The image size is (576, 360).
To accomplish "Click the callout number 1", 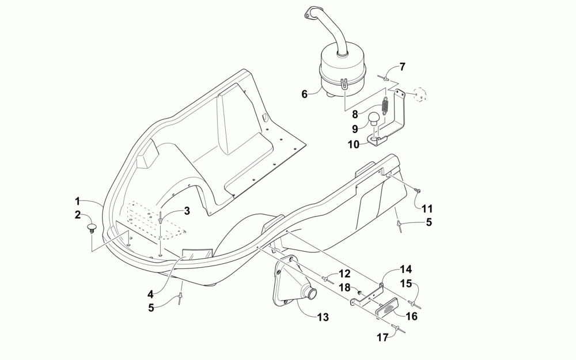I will [77, 201].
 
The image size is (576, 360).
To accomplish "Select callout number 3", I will [187, 211].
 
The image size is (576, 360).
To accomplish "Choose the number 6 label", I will [305, 93].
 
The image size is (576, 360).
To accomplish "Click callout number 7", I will [402, 67].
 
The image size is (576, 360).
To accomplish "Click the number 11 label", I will [427, 209].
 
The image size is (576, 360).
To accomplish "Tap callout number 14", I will [406, 270].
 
